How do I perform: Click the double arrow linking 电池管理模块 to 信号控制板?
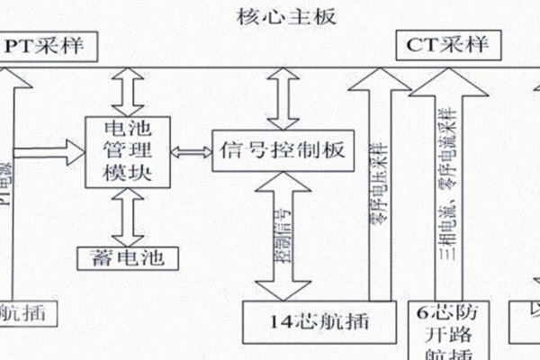click(190, 148)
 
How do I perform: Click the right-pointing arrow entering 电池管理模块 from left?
click(54, 153)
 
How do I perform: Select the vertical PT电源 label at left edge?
click(7, 180)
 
